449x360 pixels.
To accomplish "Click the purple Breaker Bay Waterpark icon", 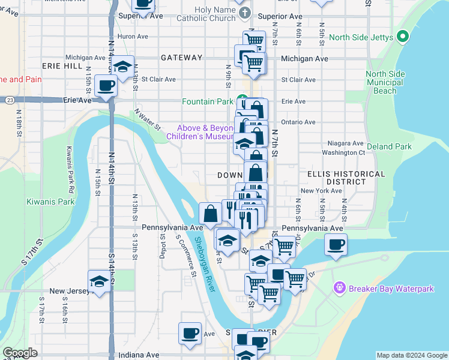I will click(x=340, y=289).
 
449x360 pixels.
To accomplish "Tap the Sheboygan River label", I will click(x=204, y=265).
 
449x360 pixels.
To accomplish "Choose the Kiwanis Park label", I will click(x=50, y=202).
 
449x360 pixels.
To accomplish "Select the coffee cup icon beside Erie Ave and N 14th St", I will click(x=106, y=85).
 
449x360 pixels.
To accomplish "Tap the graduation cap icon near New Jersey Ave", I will click(x=99, y=281).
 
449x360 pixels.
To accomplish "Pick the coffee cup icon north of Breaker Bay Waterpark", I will click(x=336, y=244).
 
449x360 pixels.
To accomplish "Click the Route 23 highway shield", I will click(x=10, y=100).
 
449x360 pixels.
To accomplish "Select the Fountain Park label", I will click(x=208, y=101).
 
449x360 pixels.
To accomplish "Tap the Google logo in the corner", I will click(x=20, y=353).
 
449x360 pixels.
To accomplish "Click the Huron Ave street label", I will click(x=134, y=37).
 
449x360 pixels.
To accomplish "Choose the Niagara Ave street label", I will click(x=346, y=144).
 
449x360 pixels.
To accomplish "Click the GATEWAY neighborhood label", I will click(x=181, y=58).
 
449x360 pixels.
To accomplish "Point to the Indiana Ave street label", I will click(x=139, y=355).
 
